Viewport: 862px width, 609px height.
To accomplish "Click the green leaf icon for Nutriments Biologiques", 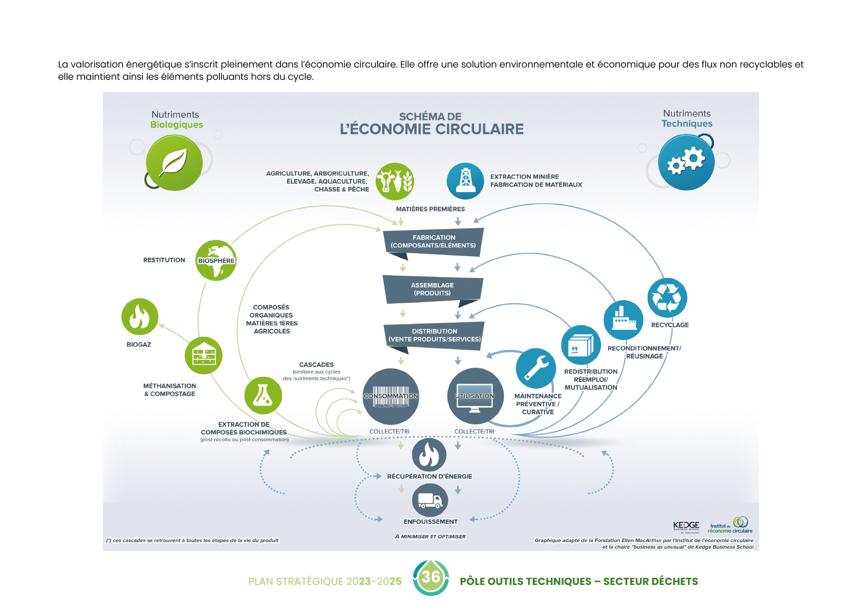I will tap(174, 163).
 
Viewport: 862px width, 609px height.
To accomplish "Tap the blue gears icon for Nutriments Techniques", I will tap(686, 162).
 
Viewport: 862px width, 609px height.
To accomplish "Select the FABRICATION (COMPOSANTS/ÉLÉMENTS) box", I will tap(434, 241).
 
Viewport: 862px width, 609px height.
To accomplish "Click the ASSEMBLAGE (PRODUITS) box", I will tap(433, 289).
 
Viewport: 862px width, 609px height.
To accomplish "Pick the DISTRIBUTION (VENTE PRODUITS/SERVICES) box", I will tap(434, 335).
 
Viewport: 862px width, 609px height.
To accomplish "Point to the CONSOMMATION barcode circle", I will tap(391, 396).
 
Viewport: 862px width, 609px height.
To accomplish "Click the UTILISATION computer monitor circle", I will tap(475, 396).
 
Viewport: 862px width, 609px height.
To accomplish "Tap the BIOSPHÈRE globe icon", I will tap(216, 260).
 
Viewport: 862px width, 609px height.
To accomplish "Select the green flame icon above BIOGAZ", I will tap(140, 317).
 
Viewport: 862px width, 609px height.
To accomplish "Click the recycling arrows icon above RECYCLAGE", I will tap(667, 298).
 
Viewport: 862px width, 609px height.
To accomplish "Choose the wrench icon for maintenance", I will tap(535, 368).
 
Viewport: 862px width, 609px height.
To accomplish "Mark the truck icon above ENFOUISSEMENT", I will tap(430, 500).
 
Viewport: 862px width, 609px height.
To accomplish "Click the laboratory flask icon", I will tap(263, 395).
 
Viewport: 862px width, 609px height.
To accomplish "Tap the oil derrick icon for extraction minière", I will tap(465, 181).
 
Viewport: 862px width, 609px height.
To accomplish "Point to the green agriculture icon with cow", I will tap(395, 181).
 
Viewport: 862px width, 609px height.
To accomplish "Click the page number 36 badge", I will tap(431, 577).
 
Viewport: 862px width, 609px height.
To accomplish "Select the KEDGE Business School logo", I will tap(686, 527).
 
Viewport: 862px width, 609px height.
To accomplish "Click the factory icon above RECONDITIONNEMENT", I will tap(623, 320).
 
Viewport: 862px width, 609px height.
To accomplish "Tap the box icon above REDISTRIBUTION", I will tap(580, 345).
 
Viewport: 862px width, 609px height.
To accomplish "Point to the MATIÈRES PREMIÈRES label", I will tap(430, 209).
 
